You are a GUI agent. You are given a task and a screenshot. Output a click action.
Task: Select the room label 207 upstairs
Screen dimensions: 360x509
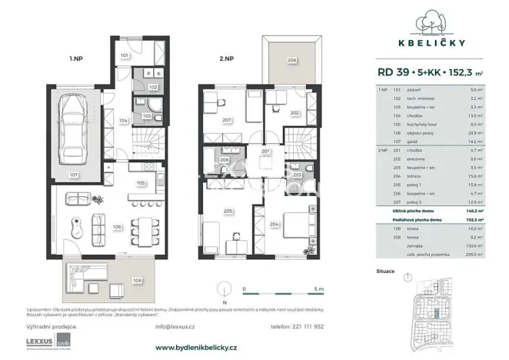pos(227,120)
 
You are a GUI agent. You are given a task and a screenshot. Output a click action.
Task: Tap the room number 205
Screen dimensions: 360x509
pos(228,210)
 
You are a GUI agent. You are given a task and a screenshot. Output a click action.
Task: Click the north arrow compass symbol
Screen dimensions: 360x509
pos(224,292)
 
